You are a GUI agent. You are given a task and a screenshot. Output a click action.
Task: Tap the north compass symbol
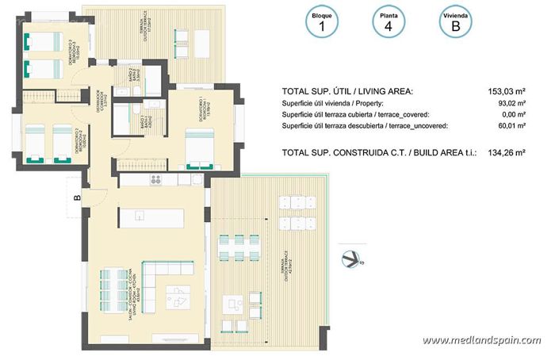(x=350, y=257)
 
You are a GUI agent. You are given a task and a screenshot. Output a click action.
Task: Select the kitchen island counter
(x=151, y=215)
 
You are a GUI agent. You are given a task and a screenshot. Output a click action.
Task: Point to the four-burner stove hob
(x=156, y=179)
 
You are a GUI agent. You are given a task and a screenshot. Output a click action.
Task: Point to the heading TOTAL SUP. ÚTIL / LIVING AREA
(x=347, y=91)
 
